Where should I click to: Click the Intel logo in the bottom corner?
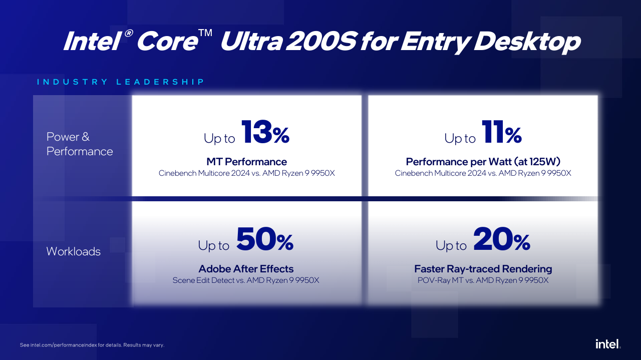[x=607, y=343]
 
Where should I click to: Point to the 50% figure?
[x=264, y=240]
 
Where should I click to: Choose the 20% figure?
[x=501, y=240]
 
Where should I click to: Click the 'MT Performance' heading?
[x=246, y=162]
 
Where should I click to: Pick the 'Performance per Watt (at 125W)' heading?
[x=483, y=162]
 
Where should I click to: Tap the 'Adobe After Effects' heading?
[x=246, y=269]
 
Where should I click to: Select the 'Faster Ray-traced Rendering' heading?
[x=483, y=269]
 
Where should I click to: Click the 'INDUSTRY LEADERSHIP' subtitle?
[x=121, y=82]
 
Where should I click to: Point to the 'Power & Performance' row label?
[x=80, y=144]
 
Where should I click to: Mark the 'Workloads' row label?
[x=73, y=251]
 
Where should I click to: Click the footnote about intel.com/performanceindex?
[x=92, y=345]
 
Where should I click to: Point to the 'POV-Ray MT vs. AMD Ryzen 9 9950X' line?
[x=483, y=280]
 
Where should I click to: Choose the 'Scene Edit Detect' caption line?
[x=246, y=280]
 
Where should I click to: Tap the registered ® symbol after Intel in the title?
[x=128, y=34]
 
